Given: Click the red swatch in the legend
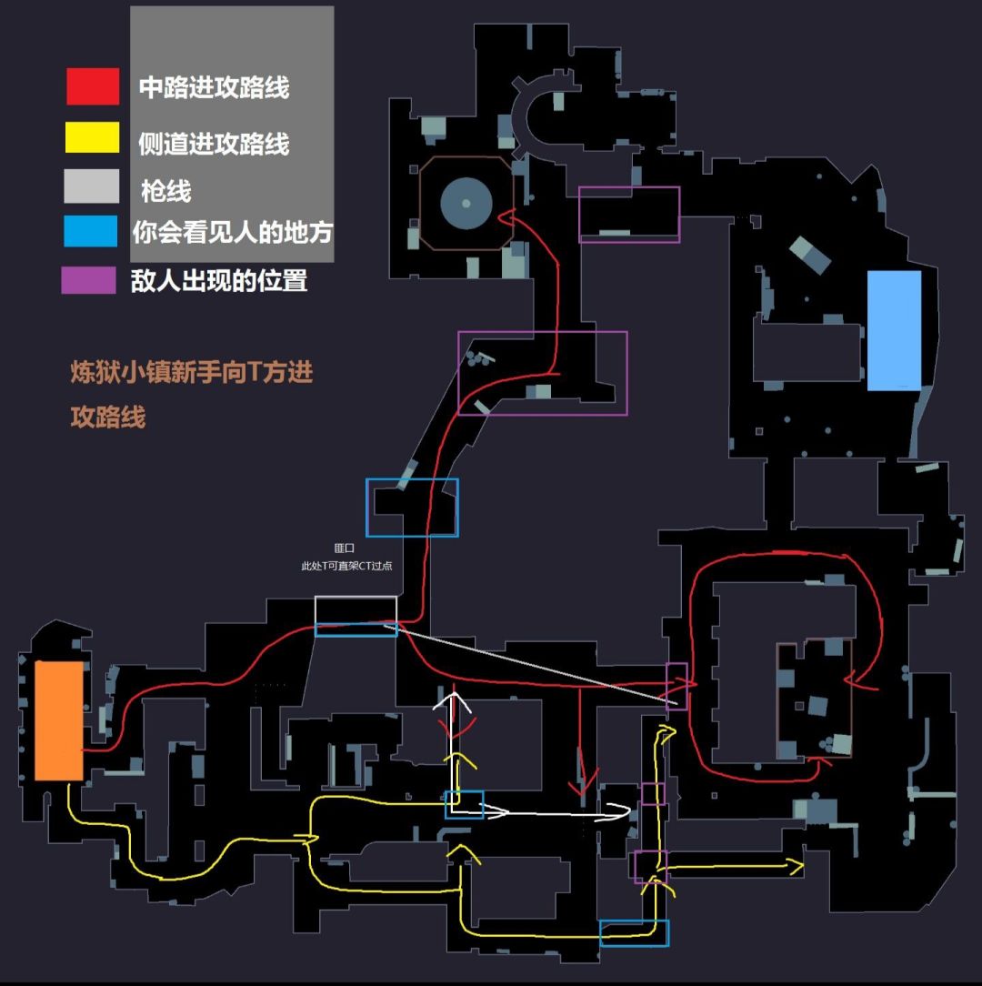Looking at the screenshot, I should [93, 86].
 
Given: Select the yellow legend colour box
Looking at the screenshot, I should [93, 137].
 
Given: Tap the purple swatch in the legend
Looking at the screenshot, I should [88, 280].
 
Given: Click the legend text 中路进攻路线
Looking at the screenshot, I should [214, 87].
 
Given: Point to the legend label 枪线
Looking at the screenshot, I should [165, 191].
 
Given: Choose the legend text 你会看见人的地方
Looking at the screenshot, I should [232, 232].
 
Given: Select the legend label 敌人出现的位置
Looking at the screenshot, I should [219, 280].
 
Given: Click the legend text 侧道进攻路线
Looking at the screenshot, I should [214, 143].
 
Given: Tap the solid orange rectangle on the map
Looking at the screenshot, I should [59, 720].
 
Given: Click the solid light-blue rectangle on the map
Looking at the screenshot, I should [894, 330].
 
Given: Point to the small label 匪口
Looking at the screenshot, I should [345, 548].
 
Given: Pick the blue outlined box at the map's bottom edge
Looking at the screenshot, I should [634, 933].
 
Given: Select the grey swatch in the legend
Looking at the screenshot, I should [91, 186].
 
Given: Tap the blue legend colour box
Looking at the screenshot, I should [91, 231].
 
